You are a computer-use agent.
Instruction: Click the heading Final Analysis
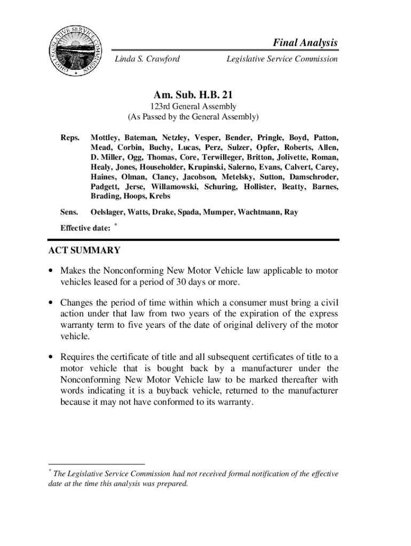[306, 43]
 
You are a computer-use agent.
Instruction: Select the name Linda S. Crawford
[147, 59]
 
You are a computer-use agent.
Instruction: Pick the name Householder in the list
[150, 167]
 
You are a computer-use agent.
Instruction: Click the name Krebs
[159, 196]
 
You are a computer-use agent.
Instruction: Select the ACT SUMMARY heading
[84, 251]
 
